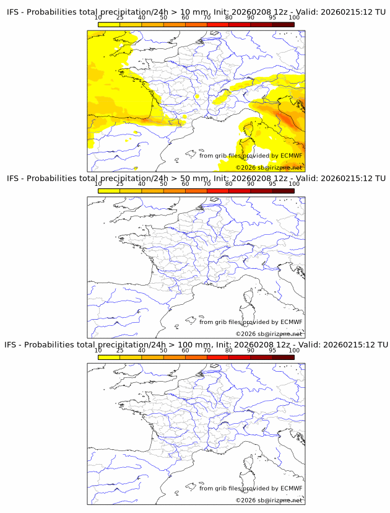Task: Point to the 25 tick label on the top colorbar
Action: [x=120, y=18]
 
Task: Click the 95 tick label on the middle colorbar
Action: [x=272, y=184]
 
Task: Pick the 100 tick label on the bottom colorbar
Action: [x=294, y=350]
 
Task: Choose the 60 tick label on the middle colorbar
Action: [x=185, y=184]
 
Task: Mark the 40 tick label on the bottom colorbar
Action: [x=142, y=350]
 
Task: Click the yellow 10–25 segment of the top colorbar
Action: [x=109, y=24]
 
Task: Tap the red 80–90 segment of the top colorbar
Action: [x=240, y=24]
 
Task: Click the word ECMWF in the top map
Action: [x=292, y=156]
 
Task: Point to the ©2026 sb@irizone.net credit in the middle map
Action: [x=269, y=334]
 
